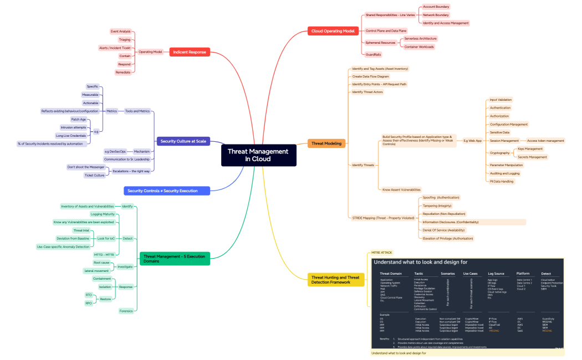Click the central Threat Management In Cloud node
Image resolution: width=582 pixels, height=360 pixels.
pos(258,155)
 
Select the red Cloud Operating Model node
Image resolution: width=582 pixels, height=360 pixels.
pos(333,31)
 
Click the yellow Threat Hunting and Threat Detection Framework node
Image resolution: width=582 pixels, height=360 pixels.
pos(336,280)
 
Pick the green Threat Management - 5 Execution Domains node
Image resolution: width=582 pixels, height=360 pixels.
pos(175,258)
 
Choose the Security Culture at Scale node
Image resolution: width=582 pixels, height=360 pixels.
pos(183,141)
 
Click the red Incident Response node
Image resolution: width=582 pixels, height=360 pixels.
pos(190,52)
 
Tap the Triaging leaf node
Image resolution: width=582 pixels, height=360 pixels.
pos(125,40)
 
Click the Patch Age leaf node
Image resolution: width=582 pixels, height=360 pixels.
pos(79,119)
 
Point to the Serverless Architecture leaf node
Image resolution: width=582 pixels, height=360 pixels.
pos(420,39)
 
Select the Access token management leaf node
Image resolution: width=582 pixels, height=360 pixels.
pos(545,141)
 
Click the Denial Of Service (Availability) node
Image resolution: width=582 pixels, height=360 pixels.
pos(443,230)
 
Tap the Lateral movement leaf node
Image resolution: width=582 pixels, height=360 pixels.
pos(96,271)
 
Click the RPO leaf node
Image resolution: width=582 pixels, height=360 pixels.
pos(89,303)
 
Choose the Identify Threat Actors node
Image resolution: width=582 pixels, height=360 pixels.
pos(367,92)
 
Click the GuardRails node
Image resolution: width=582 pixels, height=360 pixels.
pos(373,55)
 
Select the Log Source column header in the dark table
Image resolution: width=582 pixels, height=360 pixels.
pos(496,274)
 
